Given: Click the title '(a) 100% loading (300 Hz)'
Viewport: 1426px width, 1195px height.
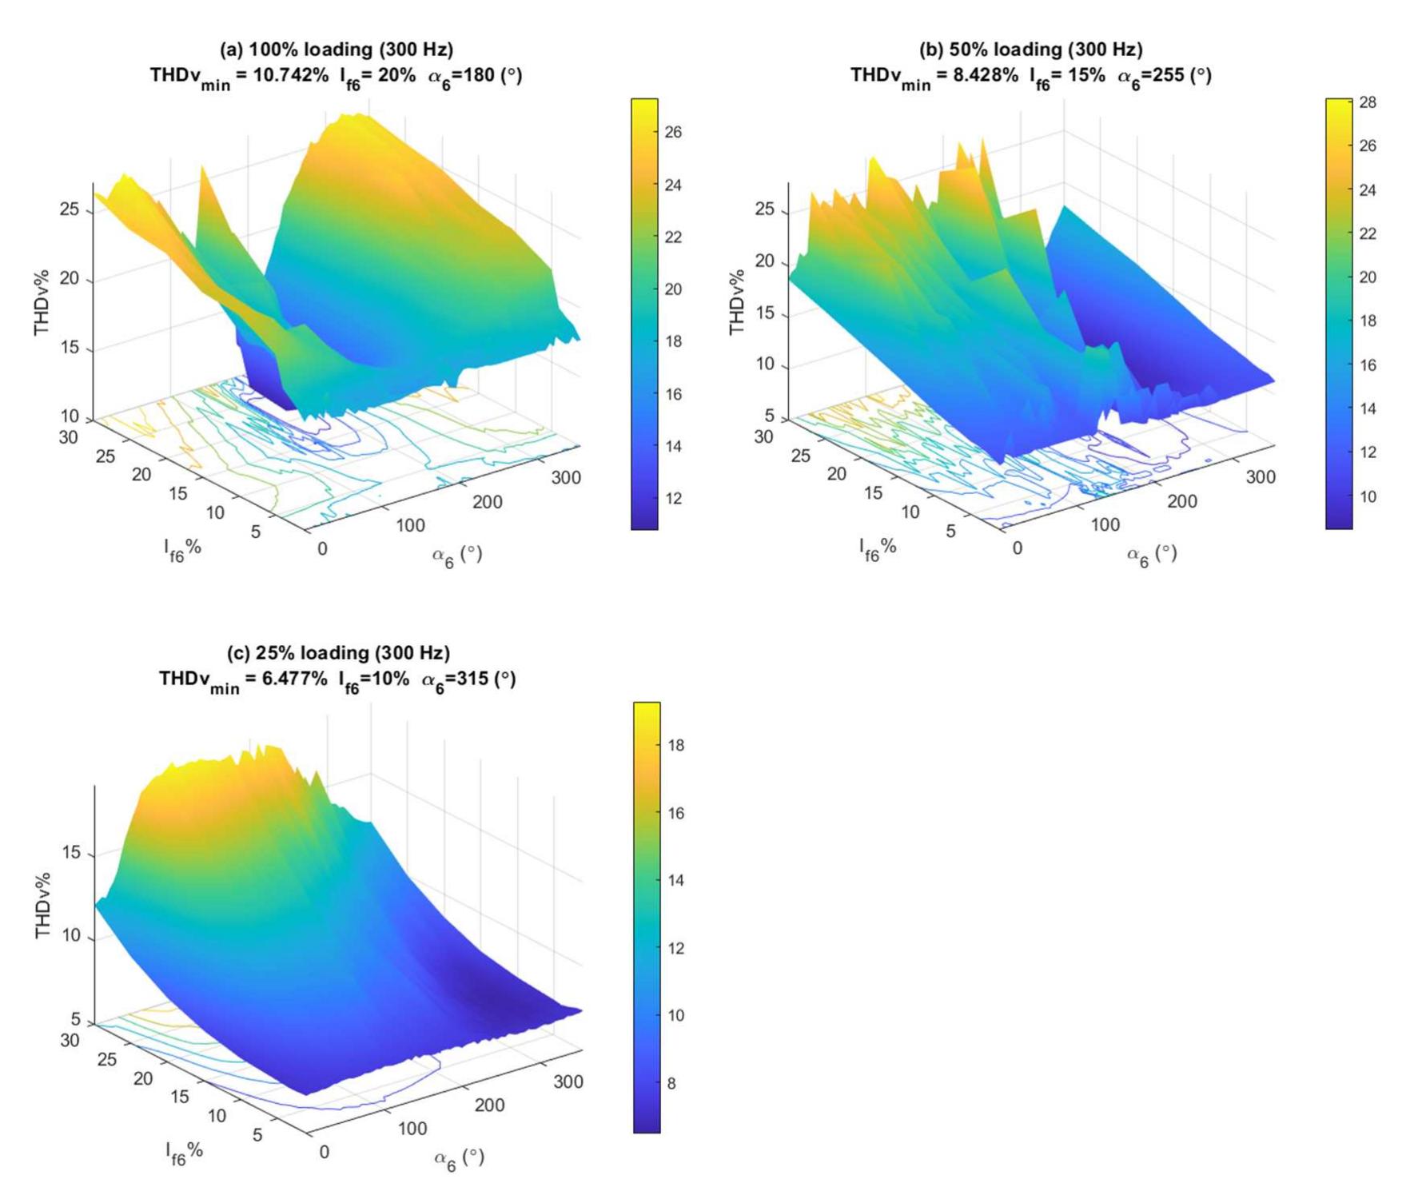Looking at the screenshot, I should click(x=336, y=50).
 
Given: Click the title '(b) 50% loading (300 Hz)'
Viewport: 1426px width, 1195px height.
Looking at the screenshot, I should click(x=1030, y=50).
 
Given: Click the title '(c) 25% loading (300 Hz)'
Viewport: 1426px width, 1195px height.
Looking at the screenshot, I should click(x=338, y=653).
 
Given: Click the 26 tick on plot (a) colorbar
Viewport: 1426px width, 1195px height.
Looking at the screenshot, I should click(x=673, y=132).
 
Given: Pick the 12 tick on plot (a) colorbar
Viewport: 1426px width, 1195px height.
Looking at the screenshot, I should click(x=673, y=499).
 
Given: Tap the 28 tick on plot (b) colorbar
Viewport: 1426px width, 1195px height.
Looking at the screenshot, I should click(x=1368, y=102).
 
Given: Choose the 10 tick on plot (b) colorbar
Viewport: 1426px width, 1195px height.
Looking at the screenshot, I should click(x=1368, y=496).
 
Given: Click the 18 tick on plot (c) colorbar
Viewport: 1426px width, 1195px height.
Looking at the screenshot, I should click(x=675, y=745).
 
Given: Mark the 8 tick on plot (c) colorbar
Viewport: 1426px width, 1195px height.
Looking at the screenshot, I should click(x=671, y=1083).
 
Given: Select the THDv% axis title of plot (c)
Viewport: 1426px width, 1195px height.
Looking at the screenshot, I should click(x=43, y=905).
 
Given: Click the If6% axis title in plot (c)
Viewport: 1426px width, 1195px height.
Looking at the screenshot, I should click(x=184, y=1151).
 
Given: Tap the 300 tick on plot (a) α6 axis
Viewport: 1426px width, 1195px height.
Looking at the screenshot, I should click(x=566, y=478).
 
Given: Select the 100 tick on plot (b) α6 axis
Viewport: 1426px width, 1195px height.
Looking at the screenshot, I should click(x=1105, y=525).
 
